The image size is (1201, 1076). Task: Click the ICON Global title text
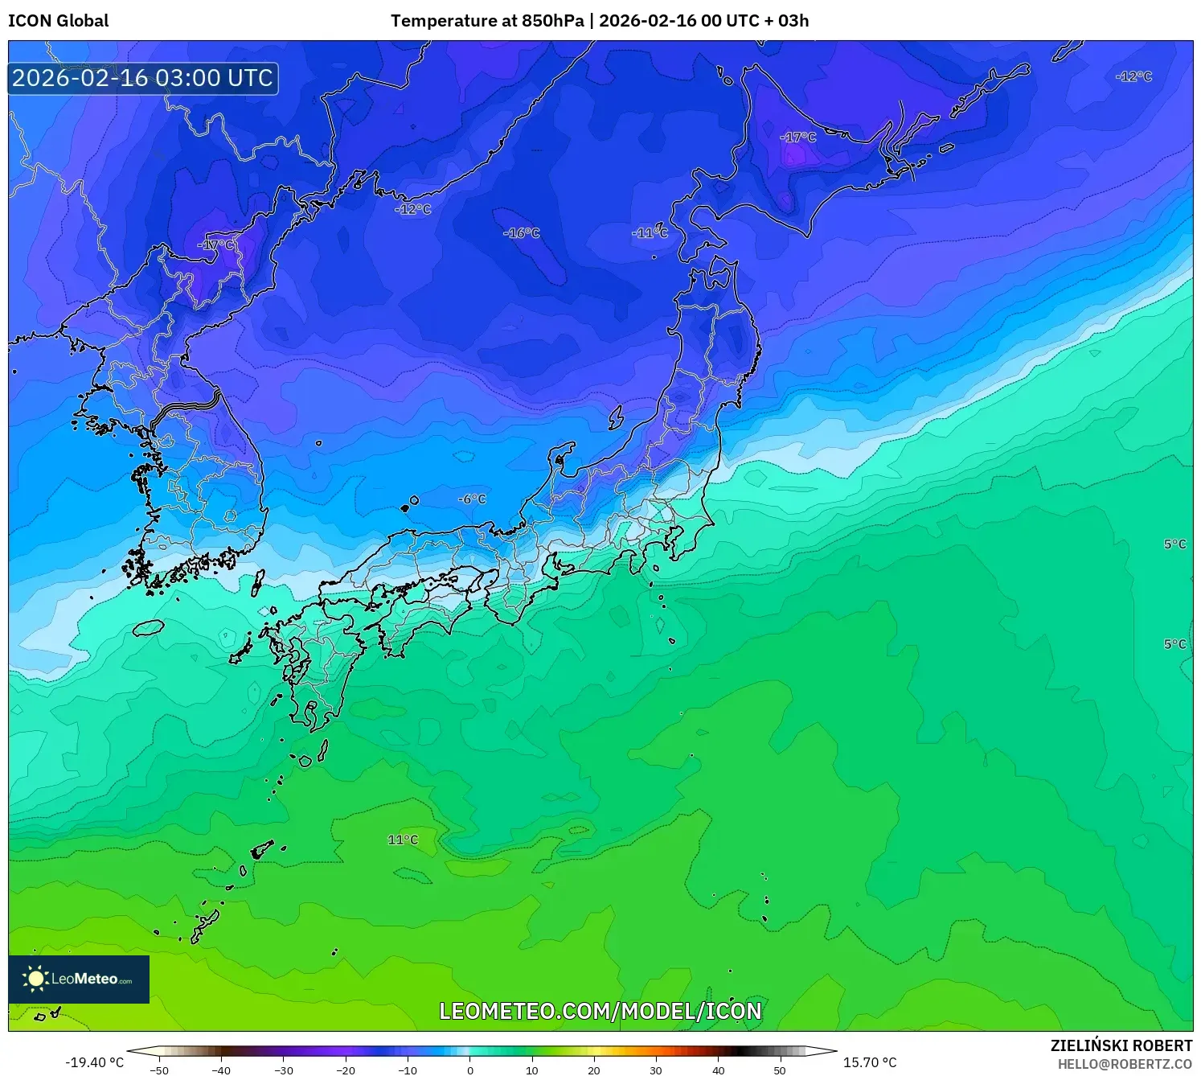(x=58, y=21)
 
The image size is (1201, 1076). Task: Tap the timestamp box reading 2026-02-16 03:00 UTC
(x=143, y=78)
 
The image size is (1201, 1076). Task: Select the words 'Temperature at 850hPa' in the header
(x=487, y=21)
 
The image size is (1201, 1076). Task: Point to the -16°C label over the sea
(x=522, y=233)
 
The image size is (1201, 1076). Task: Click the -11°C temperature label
(x=650, y=233)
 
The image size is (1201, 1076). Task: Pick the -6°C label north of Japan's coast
(x=473, y=499)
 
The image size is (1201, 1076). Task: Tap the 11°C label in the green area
(x=403, y=840)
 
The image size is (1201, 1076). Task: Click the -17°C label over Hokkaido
(x=797, y=138)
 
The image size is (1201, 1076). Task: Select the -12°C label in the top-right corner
(x=1133, y=76)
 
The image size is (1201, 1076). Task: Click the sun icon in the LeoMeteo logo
(x=36, y=979)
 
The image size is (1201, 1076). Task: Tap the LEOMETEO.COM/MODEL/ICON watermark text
(x=600, y=1011)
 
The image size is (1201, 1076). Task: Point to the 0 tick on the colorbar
(x=470, y=1070)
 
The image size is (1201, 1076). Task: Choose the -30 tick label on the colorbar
(x=284, y=1070)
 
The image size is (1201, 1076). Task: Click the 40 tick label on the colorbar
(x=718, y=1070)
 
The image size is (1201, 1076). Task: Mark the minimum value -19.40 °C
(x=95, y=1062)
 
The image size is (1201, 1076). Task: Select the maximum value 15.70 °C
(x=870, y=1062)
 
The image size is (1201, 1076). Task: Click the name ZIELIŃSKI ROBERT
(x=1121, y=1045)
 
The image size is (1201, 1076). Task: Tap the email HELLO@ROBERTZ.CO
(x=1125, y=1064)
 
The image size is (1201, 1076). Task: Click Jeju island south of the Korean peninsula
(x=149, y=627)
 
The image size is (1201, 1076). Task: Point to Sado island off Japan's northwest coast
(x=617, y=417)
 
